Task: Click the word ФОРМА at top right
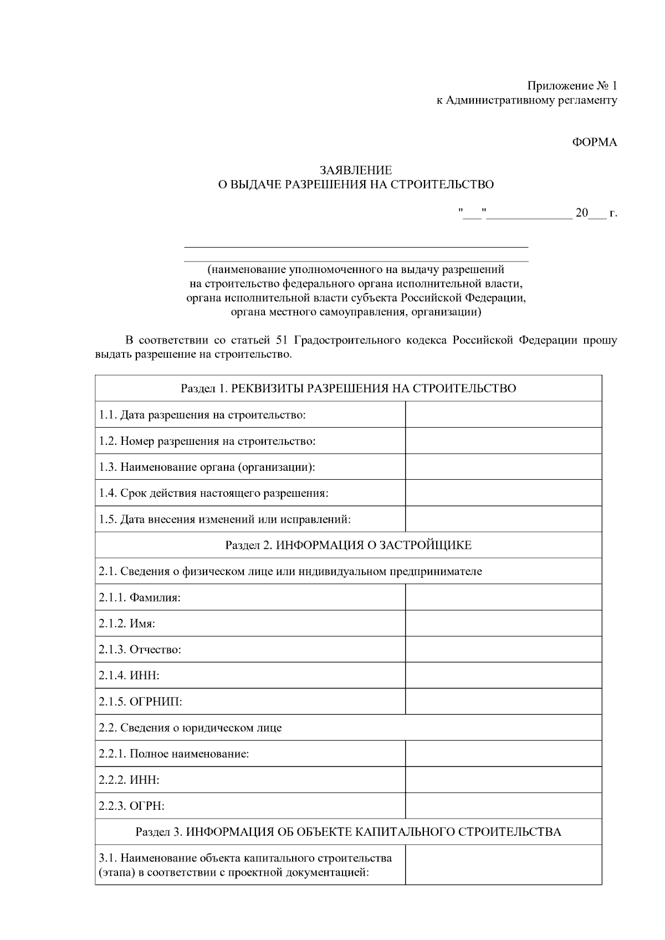coord(594,142)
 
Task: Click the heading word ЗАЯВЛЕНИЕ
coord(355,171)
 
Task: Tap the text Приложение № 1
coord(571,86)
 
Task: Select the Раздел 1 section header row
coord(348,388)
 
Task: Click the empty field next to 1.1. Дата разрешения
coord(503,414)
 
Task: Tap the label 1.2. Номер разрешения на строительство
coord(207,441)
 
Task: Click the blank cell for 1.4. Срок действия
coord(503,492)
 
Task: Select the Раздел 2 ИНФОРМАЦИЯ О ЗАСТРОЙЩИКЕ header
coord(348,545)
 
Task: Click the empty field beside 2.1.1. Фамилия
coord(503,597)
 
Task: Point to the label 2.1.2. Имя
coord(127,624)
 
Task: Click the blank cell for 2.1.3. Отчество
coord(503,649)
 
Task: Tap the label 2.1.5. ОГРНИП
coord(140,702)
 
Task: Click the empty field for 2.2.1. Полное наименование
coord(503,753)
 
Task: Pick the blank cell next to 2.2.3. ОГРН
coord(503,805)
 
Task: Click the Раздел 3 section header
coord(348,832)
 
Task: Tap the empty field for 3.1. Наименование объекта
coord(503,865)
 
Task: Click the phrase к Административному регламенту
coord(526,100)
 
